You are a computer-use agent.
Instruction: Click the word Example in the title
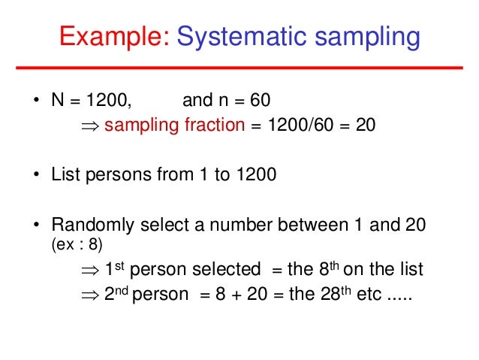tap(113, 37)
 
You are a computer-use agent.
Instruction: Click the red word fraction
tap(214, 125)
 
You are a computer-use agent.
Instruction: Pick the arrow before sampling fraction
tap(89, 126)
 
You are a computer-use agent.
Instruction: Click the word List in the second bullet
tap(66, 176)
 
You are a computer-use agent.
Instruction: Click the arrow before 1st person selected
tap(89, 270)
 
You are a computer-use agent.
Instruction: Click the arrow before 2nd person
tap(89, 295)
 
